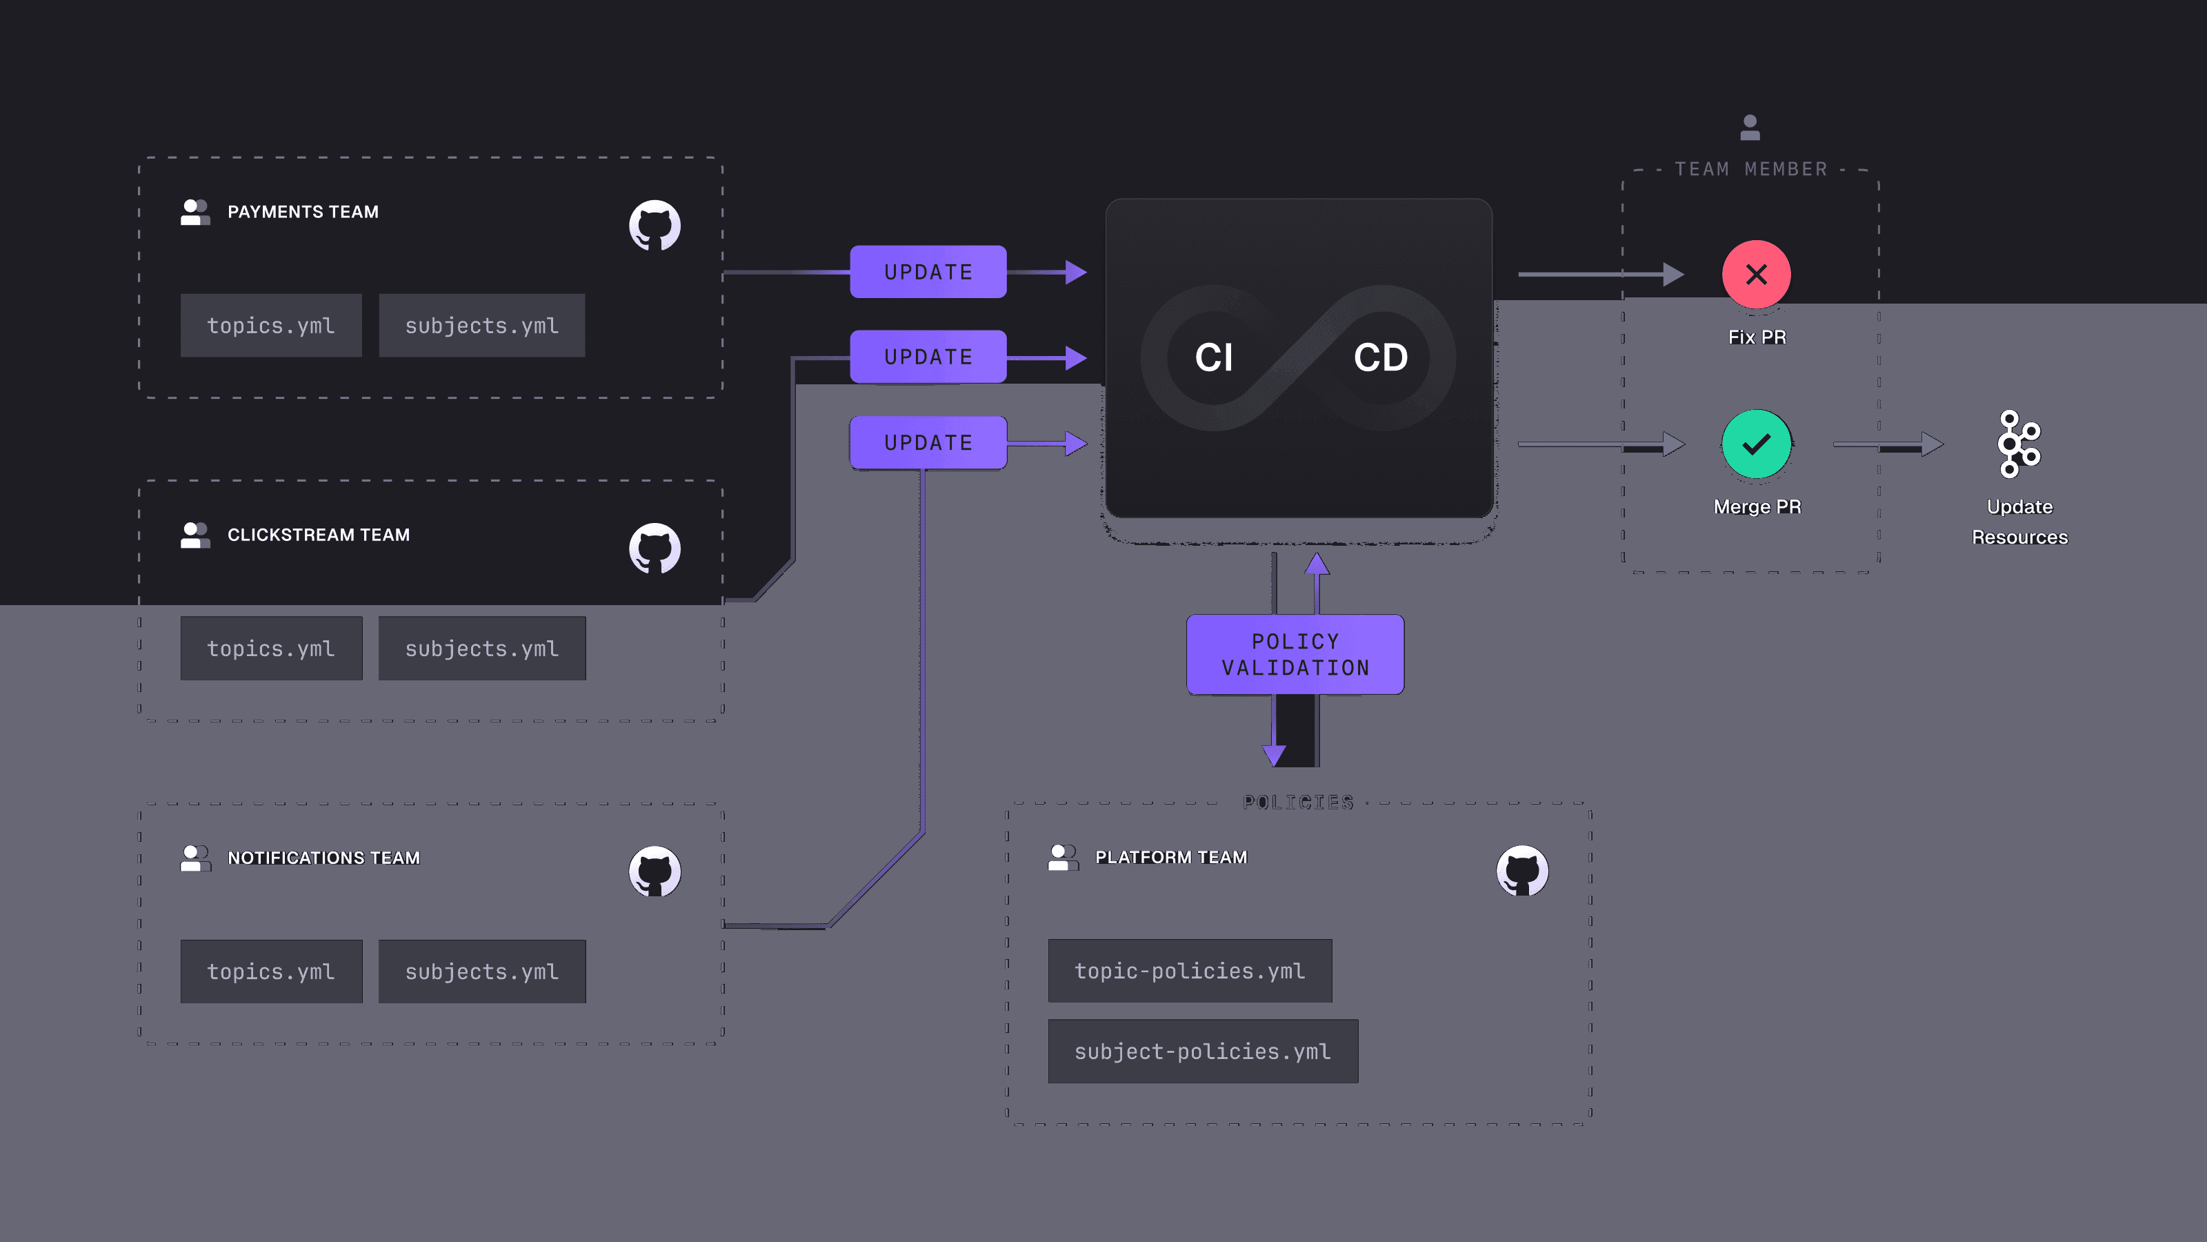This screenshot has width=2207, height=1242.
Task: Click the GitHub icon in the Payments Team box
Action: tap(655, 226)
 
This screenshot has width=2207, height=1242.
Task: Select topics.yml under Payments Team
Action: tap(271, 326)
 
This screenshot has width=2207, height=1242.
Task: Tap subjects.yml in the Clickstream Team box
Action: tap(481, 649)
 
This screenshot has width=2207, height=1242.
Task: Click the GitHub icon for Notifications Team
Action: tap(655, 871)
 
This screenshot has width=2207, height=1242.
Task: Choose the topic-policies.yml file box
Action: tap(1189, 970)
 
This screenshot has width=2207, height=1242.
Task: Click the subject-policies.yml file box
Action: tap(1202, 1051)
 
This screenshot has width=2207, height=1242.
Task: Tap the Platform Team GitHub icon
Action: tap(1521, 871)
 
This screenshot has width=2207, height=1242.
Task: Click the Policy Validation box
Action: tap(1295, 654)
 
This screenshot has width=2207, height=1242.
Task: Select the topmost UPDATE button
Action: tap(928, 272)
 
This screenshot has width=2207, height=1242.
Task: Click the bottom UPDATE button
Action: tap(928, 442)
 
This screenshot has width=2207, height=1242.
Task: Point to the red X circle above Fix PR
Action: tap(1755, 275)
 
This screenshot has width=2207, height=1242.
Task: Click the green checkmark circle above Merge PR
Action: tap(1755, 444)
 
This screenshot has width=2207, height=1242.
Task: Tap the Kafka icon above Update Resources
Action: tap(2019, 444)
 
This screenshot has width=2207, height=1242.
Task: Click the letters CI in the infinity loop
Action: tap(1213, 357)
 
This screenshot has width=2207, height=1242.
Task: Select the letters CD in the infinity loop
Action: tap(1380, 357)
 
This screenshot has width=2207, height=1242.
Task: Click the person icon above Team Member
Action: tap(1750, 128)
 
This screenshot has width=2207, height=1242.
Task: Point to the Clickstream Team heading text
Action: tap(319, 535)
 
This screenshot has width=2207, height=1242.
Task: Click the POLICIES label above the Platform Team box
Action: tap(1298, 802)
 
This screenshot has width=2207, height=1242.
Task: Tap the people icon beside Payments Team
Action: tap(195, 212)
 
